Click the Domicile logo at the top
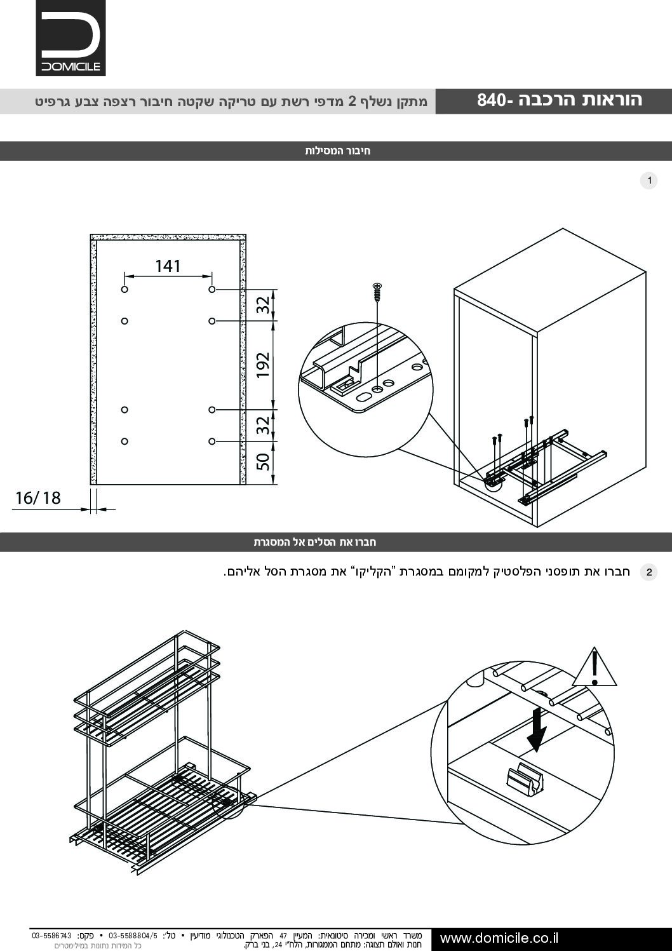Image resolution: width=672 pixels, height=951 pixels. pos(71,38)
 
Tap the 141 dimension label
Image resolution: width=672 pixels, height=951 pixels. pos(168,266)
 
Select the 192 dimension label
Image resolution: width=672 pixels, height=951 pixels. pos(264,365)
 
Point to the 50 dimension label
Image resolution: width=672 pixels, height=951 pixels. pos(264,462)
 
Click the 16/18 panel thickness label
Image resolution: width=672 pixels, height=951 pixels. pos(38,497)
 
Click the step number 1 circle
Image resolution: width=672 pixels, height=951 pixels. pos(648,181)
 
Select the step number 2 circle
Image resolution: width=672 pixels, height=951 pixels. pos(648,572)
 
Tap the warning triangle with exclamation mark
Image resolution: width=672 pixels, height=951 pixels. pos(595,668)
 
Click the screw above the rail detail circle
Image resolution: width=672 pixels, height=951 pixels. pos(378,292)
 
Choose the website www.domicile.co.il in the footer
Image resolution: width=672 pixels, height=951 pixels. pos(499,938)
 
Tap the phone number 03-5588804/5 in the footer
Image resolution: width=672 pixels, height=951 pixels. pos(133,935)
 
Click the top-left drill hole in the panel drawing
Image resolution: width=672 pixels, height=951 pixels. pos(124,290)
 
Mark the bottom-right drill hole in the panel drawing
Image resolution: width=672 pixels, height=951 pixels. pos(212,441)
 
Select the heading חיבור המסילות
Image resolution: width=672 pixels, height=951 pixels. pos(337,151)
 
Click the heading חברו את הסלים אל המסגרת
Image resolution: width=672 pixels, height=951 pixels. pos(315,543)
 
